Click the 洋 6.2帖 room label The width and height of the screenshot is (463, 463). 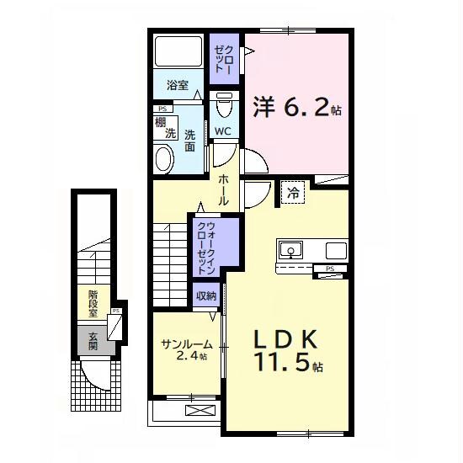coord(297,107)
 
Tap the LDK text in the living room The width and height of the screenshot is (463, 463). coord(285,339)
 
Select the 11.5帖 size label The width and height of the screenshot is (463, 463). coord(289,362)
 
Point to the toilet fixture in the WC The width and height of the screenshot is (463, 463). coord(224,105)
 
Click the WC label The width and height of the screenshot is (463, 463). coord(222,131)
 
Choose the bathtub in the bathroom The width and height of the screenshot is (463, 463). coord(178,51)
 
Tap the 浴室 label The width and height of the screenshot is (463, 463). coord(178,85)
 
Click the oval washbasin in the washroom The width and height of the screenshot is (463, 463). coord(163,159)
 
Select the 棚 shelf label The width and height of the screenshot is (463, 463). coord(160,122)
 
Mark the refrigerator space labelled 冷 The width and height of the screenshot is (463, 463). coord(293,193)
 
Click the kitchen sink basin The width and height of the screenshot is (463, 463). coord(291,250)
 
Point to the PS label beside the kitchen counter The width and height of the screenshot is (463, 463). coord(330,269)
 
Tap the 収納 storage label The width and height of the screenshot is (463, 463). coord(206,295)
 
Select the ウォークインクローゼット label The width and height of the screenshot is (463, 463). coord(206,248)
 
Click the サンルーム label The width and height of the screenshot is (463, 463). coord(187,344)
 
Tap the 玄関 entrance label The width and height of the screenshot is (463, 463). coord(93,341)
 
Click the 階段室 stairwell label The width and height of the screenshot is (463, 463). coord(93,304)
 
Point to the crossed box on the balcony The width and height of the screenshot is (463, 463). coord(200,410)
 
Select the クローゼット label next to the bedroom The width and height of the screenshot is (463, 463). coord(224,59)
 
